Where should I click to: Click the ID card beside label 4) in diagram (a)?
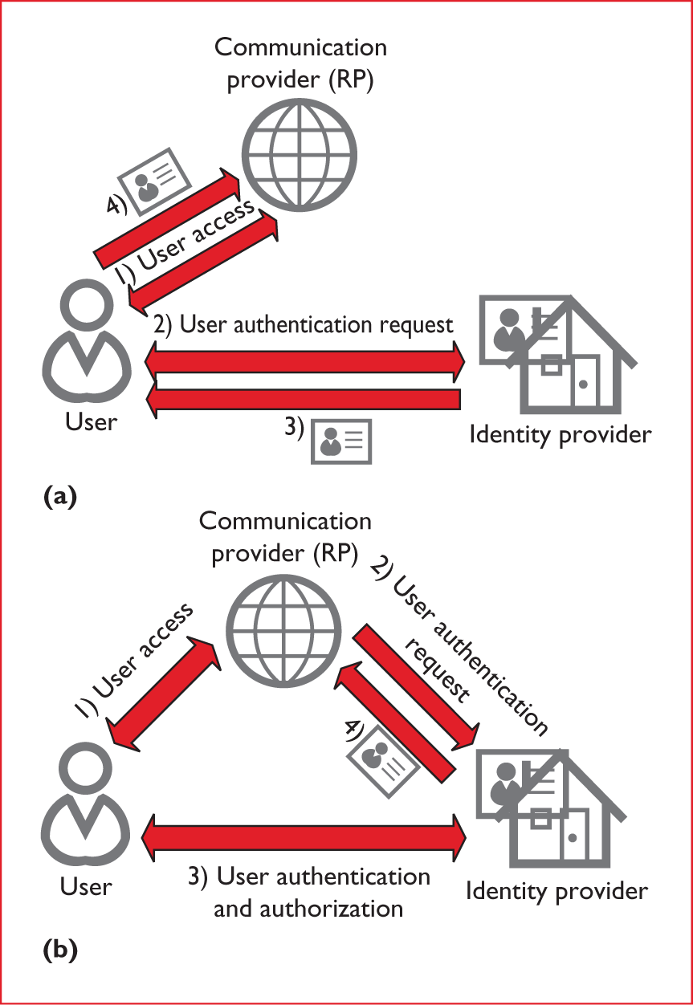coord(157,180)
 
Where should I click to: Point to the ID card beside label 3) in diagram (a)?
coord(341,441)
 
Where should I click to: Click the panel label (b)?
coord(59,951)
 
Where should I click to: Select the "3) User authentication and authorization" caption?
coord(309,892)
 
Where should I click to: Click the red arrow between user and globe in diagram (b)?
coord(165,690)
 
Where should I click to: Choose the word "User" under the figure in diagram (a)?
coord(89,421)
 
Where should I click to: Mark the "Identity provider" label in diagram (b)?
coord(556,891)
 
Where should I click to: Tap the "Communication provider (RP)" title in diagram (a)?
coord(300,64)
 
